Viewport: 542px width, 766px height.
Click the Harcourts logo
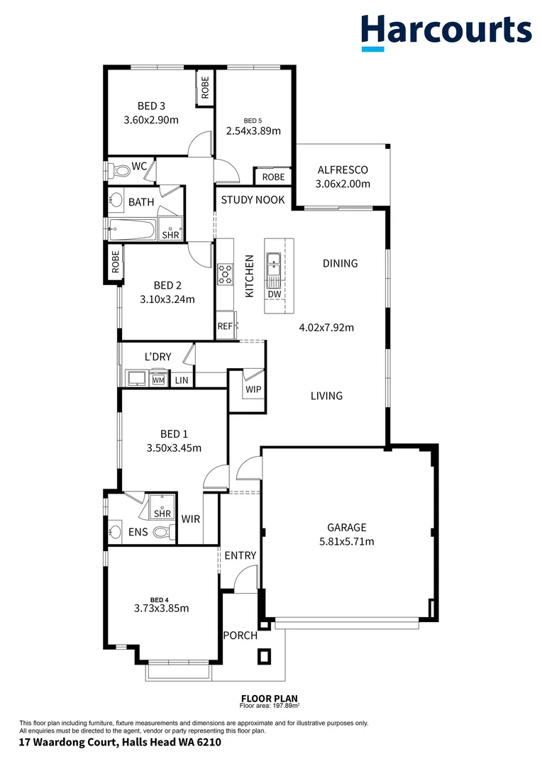pyautogui.click(x=446, y=32)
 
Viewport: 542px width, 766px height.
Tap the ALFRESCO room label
pyautogui.click(x=343, y=170)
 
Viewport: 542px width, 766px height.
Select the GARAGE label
pyautogui.click(x=346, y=528)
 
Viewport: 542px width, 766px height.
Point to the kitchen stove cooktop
pyautogui.click(x=225, y=274)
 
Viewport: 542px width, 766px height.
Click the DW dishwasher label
pyautogui.click(x=274, y=294)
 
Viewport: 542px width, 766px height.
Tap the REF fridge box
pyautogui.click(x=225, y=326)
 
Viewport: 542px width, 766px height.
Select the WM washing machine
pyautogui.click(x=157, y=380)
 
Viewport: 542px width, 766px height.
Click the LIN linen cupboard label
pyautogui.click(x=182, y=381)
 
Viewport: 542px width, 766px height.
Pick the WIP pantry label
pyautogui.click(x=253, y=389)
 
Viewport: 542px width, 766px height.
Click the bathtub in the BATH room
pyautogui.click(x=132, y=229)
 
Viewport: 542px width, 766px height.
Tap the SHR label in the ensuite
pyautogui.click(x=162, y=514)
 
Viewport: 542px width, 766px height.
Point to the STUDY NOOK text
pyautogui.click(x=253, y=200)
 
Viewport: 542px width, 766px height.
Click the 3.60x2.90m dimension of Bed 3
pyautogui.click(x=150, y=120)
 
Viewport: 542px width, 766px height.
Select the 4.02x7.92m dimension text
pyautogui.click(x=326, y=328)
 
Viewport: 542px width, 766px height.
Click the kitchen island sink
pyautogui.click(x=273, y=267)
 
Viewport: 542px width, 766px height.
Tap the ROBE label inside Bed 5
pyautogui.click(x=273, y=177)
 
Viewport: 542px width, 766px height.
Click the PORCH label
pyautogui.click(x=240, y=635)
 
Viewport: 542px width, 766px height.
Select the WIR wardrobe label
pyautogui.click(x=190, y=519)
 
